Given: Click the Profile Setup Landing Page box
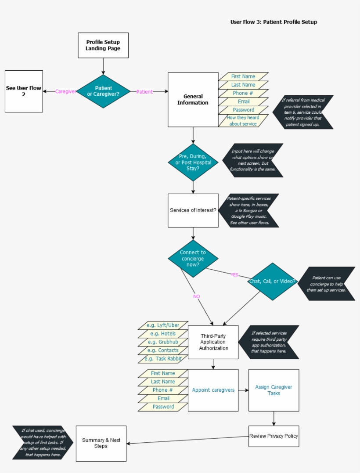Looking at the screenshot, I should [103, 45].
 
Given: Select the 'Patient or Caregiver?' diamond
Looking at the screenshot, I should [103, 91].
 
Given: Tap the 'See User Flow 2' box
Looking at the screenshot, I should [24, 91].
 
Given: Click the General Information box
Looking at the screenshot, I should [193, 100].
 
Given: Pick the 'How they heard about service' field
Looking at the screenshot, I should [243, 121].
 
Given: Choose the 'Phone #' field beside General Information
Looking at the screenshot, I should [243, 93].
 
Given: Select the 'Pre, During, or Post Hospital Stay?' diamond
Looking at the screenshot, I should [193, 162].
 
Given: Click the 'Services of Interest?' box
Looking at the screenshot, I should [193, 210].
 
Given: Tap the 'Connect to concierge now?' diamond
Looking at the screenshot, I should [193, 259].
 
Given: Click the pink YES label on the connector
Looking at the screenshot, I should [234, 274].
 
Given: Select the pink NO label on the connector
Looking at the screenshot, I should [196, 296].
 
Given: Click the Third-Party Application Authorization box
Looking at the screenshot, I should [213, 342].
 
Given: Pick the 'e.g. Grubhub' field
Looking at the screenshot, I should [163, 342].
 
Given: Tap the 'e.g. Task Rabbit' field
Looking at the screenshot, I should [163, 359].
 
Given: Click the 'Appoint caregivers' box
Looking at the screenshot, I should [213, 390].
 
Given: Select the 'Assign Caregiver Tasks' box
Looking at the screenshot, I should [274, 390].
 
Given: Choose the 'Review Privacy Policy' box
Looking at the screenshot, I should [274, 436].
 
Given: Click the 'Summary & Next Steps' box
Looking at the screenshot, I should [101, 443].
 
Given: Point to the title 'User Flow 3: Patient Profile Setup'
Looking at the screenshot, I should [274, 22].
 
